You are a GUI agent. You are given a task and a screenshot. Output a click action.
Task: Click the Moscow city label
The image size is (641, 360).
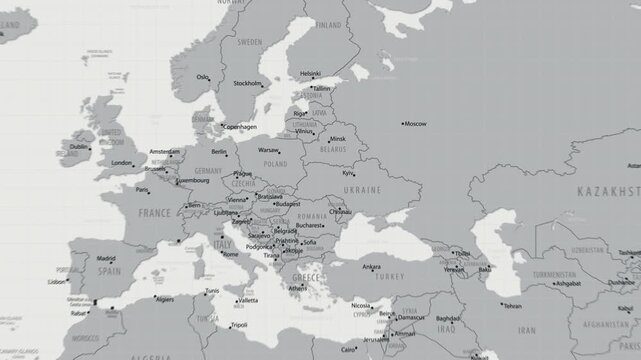pos(416,123)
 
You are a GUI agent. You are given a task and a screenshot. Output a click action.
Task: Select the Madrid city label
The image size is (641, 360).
pos(106,258)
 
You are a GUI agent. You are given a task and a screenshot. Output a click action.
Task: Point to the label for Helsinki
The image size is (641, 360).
pos(311,73)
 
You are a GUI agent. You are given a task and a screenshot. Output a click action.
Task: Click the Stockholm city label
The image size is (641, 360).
pos(247,84)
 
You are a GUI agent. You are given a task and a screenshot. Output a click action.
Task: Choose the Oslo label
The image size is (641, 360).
pos(204,77)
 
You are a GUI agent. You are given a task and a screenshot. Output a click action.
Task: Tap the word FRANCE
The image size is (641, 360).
pos(154,213)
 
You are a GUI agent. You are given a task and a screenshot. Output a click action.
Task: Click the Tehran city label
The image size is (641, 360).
pos(512,306)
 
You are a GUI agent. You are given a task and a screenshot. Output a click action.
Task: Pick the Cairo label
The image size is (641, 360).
pos(349,350)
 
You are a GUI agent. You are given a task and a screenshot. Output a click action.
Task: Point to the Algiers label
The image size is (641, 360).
pos(163,299)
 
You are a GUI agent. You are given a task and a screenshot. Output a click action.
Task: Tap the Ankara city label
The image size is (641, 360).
pos(371,267)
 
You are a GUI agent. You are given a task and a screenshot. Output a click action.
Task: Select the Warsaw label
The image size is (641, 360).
pos(269,149)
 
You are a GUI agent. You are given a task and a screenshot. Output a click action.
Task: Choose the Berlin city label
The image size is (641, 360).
pos(219,152)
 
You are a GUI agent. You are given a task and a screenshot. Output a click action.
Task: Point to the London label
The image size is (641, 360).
pos(122,163)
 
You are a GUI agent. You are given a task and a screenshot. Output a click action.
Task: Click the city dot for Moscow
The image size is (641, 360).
pos(400,123)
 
